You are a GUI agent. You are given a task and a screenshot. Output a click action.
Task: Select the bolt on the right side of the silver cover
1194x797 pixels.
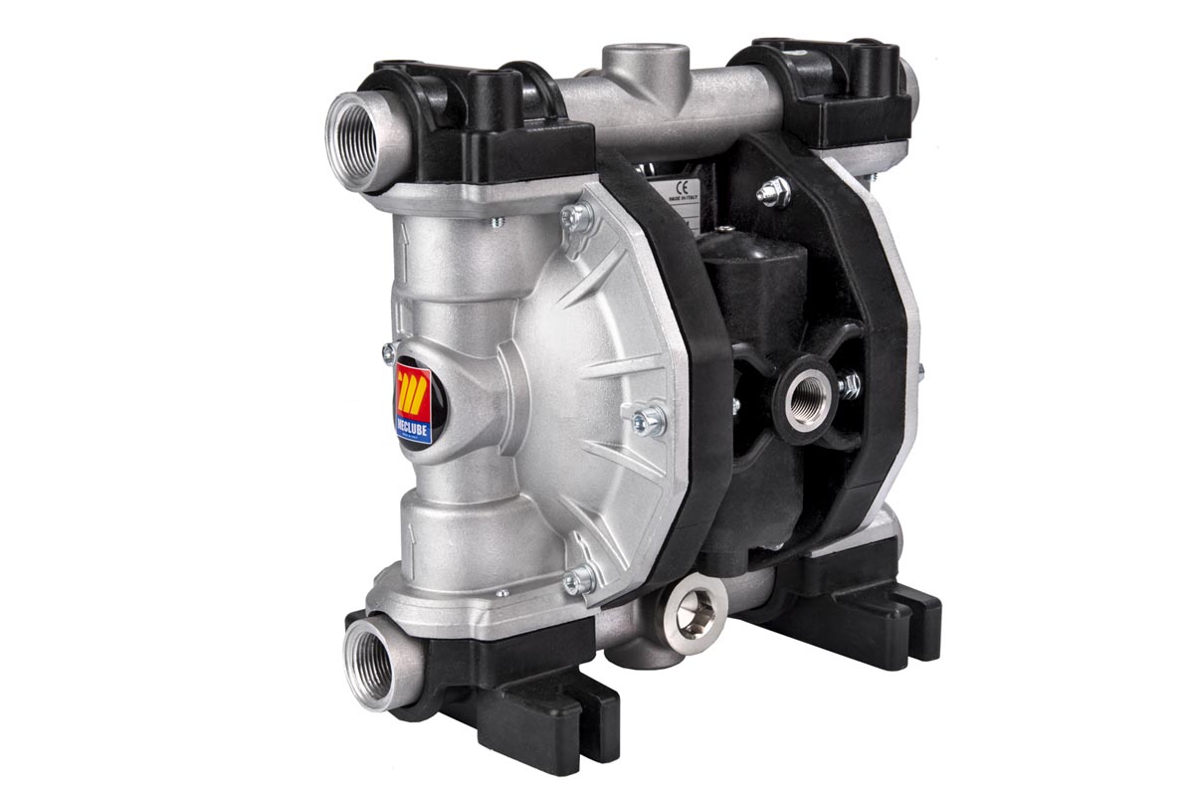[650, 420]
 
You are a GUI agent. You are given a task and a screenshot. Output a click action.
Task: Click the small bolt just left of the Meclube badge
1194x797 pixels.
[388, 351]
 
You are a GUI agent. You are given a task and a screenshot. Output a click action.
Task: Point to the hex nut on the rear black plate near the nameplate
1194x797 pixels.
[775, 192]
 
